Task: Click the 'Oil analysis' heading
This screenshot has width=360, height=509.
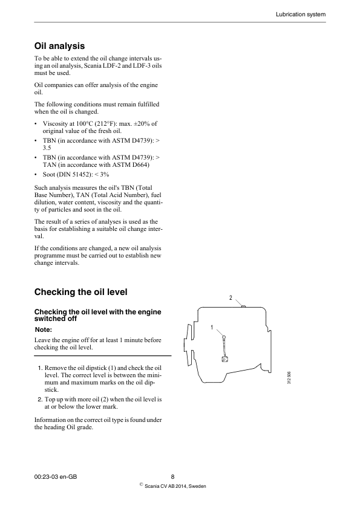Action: pos(59,45)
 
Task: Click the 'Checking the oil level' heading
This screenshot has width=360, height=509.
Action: pos(81,292)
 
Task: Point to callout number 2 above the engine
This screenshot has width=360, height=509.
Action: pos(231,298)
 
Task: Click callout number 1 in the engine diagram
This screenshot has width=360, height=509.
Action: pos(212,327)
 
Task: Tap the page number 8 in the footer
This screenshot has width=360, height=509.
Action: pos(172,476)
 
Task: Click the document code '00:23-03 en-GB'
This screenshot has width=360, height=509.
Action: pos(56,476)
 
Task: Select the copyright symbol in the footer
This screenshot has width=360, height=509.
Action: pos(141,484)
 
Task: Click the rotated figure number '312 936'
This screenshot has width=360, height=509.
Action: pos(290,379)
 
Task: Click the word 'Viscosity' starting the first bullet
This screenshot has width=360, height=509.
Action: pos(56,123)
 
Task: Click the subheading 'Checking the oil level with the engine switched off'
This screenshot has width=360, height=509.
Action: pos(98,314)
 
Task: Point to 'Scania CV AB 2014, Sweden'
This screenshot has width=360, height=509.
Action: pos(175,487)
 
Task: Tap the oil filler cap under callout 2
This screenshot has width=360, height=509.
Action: pos(243,306)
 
